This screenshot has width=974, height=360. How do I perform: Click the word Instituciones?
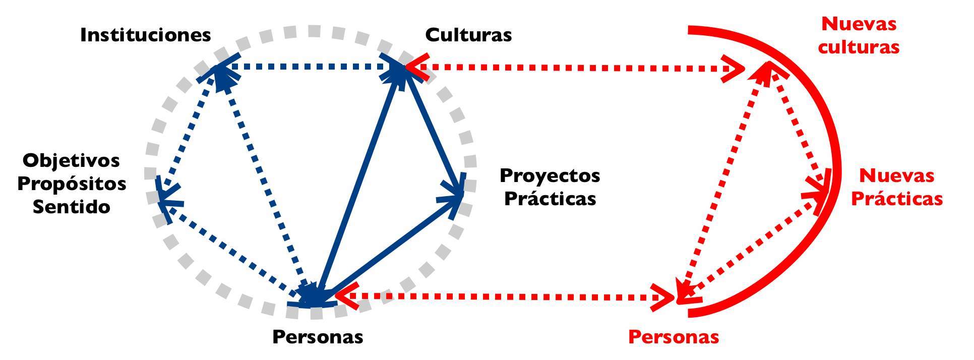tap(145, 35)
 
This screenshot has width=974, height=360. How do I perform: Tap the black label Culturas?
tap(468, 35)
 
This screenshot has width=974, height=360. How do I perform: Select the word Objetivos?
tap(72, 161)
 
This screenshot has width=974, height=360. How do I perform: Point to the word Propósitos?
tap(72, 184)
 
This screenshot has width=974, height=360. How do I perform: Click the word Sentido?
tap(72, 207)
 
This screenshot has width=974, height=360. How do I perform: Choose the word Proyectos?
tap(550, 175)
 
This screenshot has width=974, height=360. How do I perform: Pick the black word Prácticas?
tap(550, 199)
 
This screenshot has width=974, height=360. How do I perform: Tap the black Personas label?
tap(318, 337)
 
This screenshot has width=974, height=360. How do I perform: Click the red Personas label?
tap(674, 337)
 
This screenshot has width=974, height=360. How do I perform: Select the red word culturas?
tap(858, 47)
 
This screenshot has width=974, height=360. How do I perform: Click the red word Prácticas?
tap(896, 199)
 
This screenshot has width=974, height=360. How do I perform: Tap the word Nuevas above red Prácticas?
tap(896, 175)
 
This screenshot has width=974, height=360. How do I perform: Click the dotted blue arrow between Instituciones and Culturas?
tap(308, 66)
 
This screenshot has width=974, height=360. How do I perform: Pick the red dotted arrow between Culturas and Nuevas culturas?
tap(575, 67)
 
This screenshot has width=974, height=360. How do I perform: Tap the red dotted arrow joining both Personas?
tap(504, 297)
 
